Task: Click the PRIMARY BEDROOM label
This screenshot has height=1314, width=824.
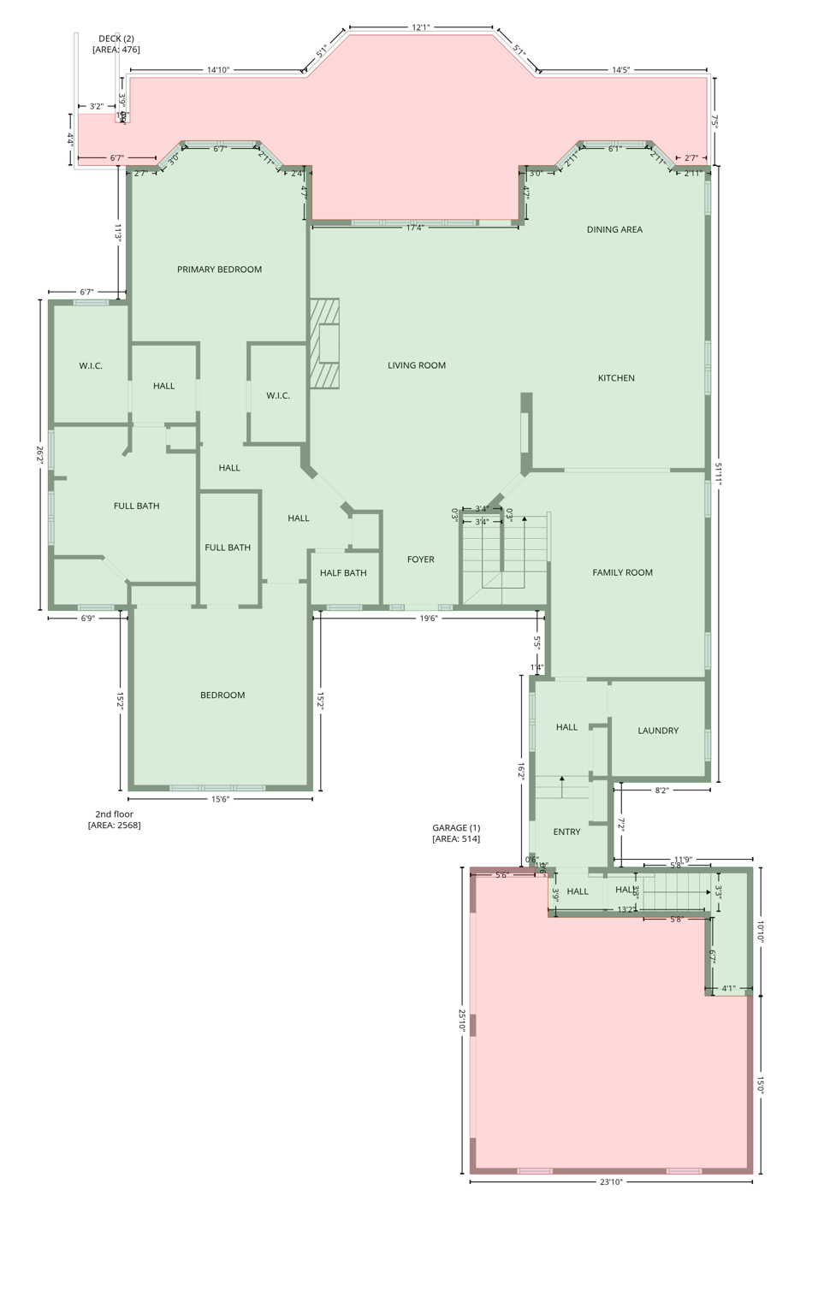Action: (219, 269)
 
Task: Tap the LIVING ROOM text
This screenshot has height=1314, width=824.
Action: (417, 365)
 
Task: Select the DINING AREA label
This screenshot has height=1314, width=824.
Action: (614, 229)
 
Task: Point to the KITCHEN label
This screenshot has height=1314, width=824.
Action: (616, 378)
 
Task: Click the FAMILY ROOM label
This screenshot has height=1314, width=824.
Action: (622, 572)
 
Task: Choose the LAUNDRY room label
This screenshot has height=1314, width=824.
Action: (658, 731)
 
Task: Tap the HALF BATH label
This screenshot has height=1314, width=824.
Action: (343, 573)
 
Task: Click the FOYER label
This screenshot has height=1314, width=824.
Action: (420, 559)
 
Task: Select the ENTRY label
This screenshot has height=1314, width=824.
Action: (566, 832)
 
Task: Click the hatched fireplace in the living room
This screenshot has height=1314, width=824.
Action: (325, 344)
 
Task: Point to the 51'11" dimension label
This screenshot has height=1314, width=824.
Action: (719, 475)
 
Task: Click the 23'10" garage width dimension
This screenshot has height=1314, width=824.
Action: (611, 1182)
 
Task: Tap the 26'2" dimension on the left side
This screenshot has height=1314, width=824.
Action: (39, 454)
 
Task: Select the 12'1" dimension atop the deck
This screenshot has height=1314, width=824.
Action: (421, 27)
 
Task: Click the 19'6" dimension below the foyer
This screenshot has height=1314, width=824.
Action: (429, 618)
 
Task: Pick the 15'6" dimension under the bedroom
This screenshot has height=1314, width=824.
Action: (220, 799)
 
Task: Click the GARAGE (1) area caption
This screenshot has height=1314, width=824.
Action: (456, 833)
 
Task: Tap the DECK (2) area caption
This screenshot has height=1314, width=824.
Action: (116, 44)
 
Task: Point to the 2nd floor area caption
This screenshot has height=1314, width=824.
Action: (114, 820)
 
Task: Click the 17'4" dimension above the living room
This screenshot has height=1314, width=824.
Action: (415, 228)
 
